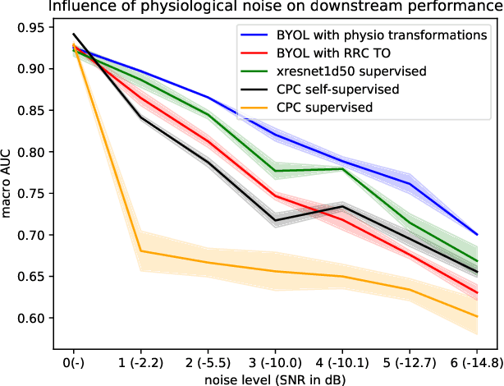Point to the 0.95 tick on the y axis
[30, 27]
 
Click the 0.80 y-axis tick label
[30, 152]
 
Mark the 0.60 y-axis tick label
[30, 318]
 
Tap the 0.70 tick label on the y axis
[30, 235]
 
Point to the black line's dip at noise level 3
[275, 220]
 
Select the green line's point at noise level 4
[342, 168]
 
